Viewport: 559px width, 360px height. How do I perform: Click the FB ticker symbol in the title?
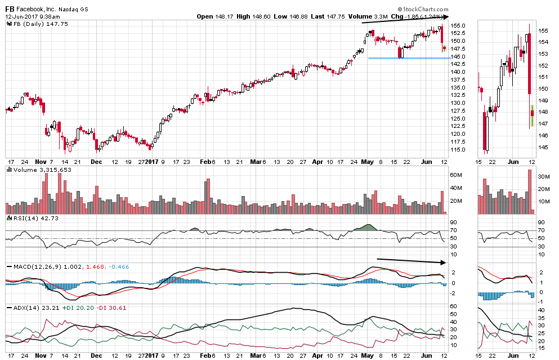click(x=10, y=8)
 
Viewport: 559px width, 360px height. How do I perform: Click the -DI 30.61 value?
click(x=113, y=308)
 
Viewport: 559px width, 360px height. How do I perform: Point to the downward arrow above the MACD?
click(x=411, y=261)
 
